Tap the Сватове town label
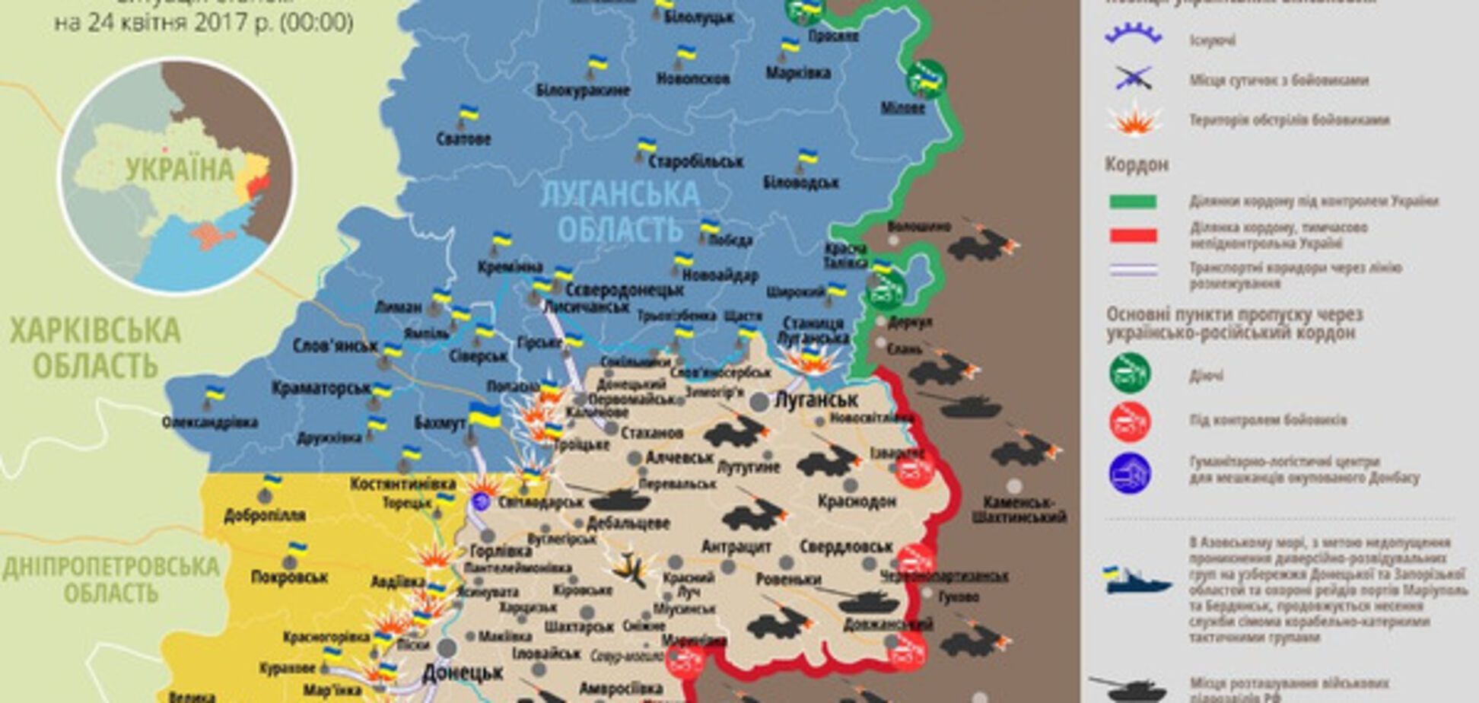coord(463,139)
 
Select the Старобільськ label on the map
coord(695,161)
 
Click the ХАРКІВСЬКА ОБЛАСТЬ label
coord(95,348)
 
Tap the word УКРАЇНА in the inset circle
coord(180,169)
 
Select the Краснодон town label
coord(857,501)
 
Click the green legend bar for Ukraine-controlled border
coord(1133,202)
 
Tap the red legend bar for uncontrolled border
coord(1133,235)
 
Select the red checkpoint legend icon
coord(1129,421)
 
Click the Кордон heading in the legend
coord(1137,164)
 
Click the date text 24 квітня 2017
coord(203,23)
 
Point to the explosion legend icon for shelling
coord(1134,120)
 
